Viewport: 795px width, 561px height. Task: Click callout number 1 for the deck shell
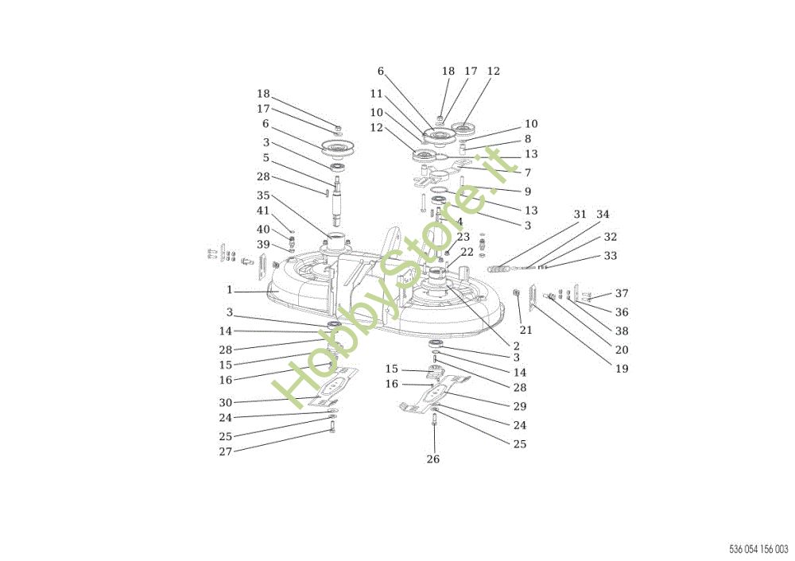click(229, 290)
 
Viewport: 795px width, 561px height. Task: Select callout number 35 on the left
click(263, 195)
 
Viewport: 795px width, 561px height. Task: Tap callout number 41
click(263, 211)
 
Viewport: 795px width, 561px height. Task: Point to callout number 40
click(263, 230)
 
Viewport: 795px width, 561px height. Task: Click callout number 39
click(263, 245)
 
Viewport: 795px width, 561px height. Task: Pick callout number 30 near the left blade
click(226, 403)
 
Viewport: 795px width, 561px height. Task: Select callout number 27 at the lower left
click(226, 451)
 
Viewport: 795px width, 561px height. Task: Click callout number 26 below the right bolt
click(433, 459)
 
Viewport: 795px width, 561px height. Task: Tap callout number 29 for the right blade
click(520, 406)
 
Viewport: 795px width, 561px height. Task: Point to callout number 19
click(622, 369)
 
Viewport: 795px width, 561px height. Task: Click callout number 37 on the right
click(622, 293)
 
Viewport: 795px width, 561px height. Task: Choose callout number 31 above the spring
click(580, 215)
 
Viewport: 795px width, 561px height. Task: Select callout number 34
click(603, 215)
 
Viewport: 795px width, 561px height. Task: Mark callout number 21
click(526, 331)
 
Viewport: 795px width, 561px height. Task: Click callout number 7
click(528, 172)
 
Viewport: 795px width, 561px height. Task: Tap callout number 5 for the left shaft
click(266, 158)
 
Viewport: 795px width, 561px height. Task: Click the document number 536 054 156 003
click(758, 549)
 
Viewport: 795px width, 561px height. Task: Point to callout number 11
click(376, 94)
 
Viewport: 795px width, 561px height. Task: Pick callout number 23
click(463, 237)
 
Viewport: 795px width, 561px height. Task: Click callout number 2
click(517, 346)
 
